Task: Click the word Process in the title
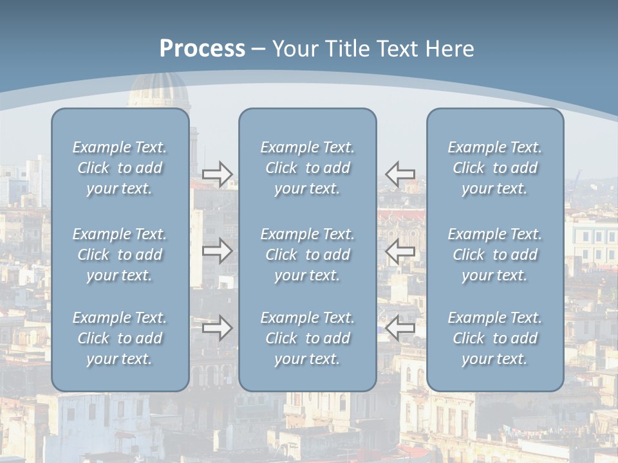pos(202,49)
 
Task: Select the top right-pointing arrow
pos(217,174)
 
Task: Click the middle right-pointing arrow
pos(217,251)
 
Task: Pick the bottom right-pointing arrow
pos(217,328)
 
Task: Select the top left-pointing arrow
pos(400,174)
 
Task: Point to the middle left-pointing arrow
pos(400,251)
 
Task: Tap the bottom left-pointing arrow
pos(400,328)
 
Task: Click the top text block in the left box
pos(120,168)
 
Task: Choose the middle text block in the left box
pos(120,255)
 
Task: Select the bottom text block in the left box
pos(120,338)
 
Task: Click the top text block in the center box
pos(307,168)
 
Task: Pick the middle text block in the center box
pos(307,255)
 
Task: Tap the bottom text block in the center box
pos(307,338)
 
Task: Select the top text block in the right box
pos(494,168)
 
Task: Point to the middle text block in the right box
pos(494,255)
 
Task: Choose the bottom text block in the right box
pos(494,338)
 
